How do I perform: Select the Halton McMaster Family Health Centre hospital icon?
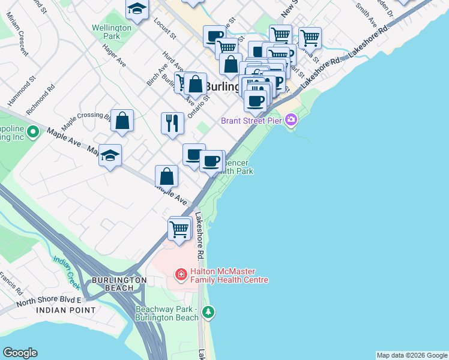(180, 275)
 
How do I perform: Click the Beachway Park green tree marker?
(208, 312)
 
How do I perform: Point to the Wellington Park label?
(112, 32)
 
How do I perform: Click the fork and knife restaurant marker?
(172, 123)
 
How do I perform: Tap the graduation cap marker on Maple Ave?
(110, 155)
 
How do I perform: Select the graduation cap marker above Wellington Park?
(137, 9)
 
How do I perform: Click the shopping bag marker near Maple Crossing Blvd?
(122, 121)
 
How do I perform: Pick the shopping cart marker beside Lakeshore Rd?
(179, 229)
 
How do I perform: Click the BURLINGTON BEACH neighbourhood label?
(119, 284)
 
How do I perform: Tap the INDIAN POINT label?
(65, 310)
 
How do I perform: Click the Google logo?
(20, 353)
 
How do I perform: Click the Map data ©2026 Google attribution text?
(411, 355)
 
